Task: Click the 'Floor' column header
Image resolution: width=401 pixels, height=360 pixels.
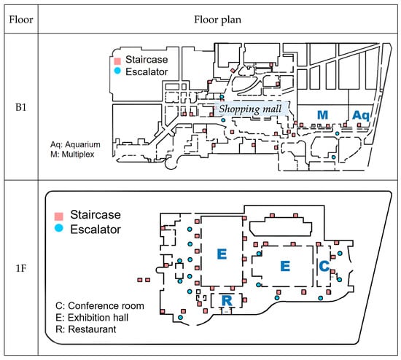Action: pyautogui.click(x=21, y=20)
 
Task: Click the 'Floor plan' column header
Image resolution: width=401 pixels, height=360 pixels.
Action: pyautogui.click(x=218, y=20)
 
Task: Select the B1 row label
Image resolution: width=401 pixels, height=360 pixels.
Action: pyautogui.click(x=21, y=107)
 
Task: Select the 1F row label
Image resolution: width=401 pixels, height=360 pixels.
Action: pyautogui.click(x=21, y=268)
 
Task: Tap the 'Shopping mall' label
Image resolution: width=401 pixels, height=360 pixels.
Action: pyautogui.click(x=250, y=109)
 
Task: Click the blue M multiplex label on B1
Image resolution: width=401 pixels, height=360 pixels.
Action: pyautogui.click(x=322, y=115)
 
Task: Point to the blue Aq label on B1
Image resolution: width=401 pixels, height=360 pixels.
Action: pyautogui.click(x=361, y=116)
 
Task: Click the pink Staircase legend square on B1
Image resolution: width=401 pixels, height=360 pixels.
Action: pyautogui.click(x=117, y=61)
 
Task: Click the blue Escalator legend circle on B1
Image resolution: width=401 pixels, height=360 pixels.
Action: pyautogui.click(x=117, y=71)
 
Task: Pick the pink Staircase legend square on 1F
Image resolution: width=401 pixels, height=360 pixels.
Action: pyautogui.click(x=59, y=216)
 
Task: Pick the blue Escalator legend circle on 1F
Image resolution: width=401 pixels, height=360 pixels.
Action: pyautogui.click(x=59, y=228)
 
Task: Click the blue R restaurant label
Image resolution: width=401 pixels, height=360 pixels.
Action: pyautogui.click(x=227, y=300)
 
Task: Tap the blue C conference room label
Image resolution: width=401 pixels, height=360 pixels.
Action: pyautogui.click(x=324, y=266)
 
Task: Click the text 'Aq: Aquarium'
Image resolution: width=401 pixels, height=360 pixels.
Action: pyautogui.click(x=75, y=144)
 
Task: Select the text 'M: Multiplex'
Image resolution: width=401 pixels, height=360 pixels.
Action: pyautogui.click(x=72, y=154)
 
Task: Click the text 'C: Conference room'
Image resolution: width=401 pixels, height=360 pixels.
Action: pyautogui.click(x=100, y=306)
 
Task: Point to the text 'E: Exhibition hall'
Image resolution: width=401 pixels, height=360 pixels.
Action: pyautogui.click(x=92, y=318)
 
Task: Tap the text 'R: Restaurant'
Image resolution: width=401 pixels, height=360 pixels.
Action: pyautogui.click(x=86, y=329)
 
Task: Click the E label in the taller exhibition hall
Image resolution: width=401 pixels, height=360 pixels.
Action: pyautogui.click(x=222, y=254)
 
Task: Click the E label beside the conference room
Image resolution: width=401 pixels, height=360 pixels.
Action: pyautogui.click(x=285, y=266)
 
